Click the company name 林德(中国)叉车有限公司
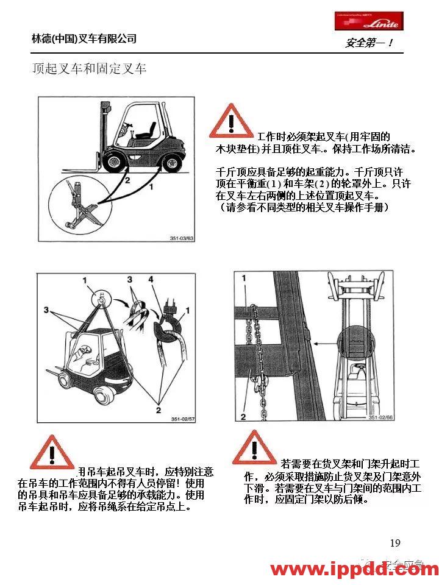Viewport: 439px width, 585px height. click(84, 39)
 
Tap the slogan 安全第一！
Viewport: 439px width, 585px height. click(369, 43)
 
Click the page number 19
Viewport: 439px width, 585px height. click(395, 543)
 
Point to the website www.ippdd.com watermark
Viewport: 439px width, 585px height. click(354, 570)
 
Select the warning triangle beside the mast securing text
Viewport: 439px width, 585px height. click(254, 448)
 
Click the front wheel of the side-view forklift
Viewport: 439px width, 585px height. click(114, 161)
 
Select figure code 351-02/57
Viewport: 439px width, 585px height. click(182, 419)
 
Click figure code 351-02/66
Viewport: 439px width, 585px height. click(383, 417)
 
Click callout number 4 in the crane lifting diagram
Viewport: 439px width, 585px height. click(151, 280)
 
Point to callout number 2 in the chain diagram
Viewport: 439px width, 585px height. click(243, 417)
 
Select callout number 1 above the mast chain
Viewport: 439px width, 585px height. click(243, 277)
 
